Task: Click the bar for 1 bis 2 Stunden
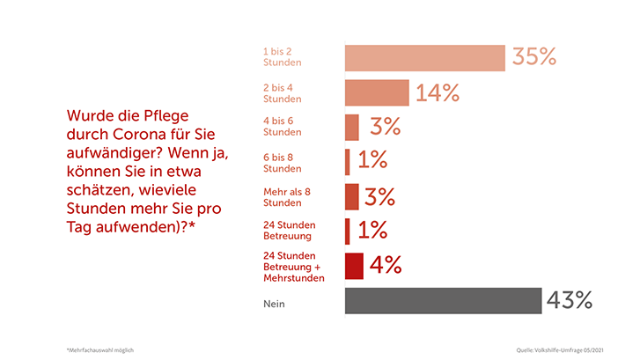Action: (x=424, y=57)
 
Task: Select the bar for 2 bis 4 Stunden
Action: (x=377, y=92)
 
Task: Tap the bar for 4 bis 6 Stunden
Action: (x=352, y=128)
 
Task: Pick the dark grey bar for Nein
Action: (x=443, y=301)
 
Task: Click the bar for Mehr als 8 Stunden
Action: (x=352, y=196)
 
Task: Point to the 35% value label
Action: (x=534, y=57)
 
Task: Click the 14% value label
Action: (x=438, y=92)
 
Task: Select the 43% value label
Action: (x=569, y=300)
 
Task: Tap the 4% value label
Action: (x=385, y=265)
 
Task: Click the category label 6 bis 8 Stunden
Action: (x=283, y=162)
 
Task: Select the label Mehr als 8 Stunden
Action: (x=288, y=196)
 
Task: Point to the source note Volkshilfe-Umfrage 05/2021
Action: (x=561, y=349)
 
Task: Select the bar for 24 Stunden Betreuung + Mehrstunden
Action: (x=353, y=265)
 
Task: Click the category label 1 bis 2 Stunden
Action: (x=283, y=57)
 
